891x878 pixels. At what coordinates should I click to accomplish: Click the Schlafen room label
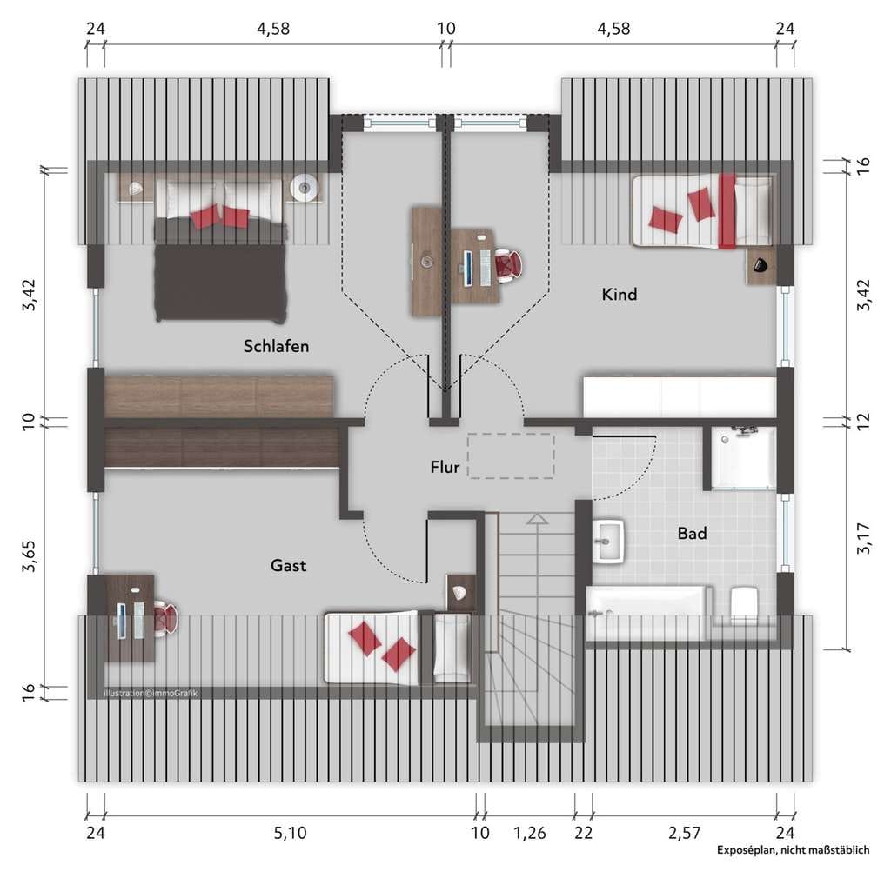point(276,346)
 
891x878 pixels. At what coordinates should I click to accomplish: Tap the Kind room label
point(620,294)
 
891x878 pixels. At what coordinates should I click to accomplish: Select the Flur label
point(445,467)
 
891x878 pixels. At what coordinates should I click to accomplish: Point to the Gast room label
point(288,565)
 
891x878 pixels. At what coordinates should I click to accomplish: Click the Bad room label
point(692,533)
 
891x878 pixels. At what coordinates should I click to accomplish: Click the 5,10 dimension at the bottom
point(290,833)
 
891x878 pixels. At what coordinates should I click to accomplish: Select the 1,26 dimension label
point(530,833)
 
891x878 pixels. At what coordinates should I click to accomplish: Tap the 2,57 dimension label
point(684,833)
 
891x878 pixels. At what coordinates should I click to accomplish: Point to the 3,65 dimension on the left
point(29,555)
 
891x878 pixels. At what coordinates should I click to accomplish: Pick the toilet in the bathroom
point(743,605)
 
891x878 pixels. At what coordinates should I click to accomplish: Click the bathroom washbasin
point(608,542)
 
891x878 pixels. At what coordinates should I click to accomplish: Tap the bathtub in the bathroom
point(648,614)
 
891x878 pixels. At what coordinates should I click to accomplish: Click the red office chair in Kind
point(508,265)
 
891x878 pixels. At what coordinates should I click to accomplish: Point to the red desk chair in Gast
point(164,617)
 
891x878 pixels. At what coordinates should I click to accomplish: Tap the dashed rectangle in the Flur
point(510,456)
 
